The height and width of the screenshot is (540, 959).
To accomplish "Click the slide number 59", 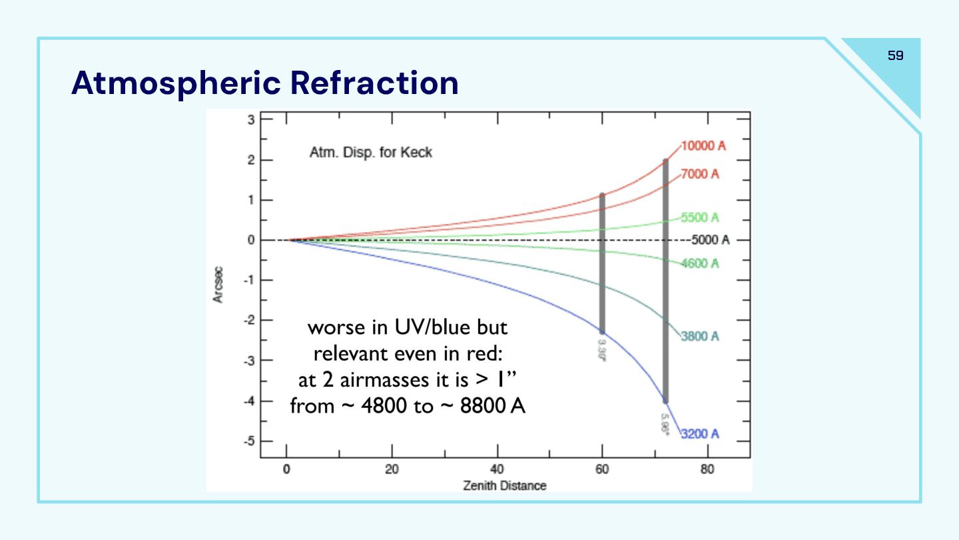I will pos(896,56).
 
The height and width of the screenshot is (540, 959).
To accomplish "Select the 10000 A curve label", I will pos(703,146).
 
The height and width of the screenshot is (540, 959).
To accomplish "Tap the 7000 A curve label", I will pos(700,174).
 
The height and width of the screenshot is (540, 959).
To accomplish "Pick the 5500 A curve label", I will pos(700,217).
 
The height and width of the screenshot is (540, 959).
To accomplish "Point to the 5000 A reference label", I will pos(710,240).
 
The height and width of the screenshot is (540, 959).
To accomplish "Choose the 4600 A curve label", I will pos(700,263).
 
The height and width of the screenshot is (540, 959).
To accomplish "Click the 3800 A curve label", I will pos(700,336).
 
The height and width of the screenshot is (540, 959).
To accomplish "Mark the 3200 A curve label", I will pos(700,435).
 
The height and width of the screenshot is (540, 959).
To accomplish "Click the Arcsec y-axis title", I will pos(218,286).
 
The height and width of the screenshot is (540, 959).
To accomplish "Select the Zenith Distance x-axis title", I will pos(505,485).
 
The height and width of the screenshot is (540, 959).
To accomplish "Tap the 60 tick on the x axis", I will pos(602,469).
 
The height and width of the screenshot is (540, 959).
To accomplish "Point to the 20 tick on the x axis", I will pos(392,469).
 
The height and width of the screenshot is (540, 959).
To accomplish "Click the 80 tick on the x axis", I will pos(707,469).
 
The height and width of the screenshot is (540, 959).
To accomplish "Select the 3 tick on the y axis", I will pos(251,120).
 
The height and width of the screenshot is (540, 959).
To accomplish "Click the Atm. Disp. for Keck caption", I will pos(370,153).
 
